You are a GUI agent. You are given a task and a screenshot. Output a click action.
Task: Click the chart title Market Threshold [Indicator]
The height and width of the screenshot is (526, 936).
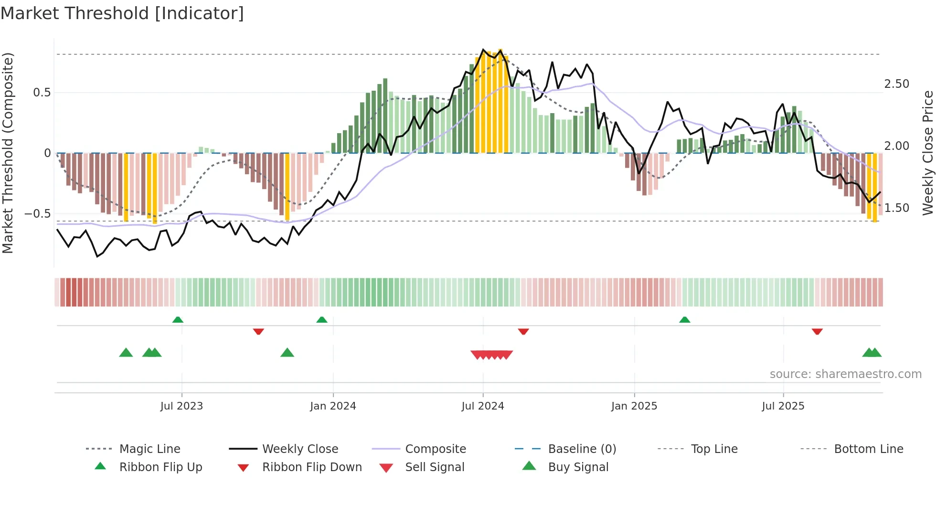pos(122,13)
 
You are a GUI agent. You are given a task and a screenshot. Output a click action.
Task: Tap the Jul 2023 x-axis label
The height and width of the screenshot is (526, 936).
pos(181,406)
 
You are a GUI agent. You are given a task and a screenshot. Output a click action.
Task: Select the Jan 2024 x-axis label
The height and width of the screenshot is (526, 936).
pos(333,406)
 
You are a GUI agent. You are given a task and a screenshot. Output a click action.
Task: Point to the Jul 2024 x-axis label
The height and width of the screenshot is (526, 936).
pos(483,406)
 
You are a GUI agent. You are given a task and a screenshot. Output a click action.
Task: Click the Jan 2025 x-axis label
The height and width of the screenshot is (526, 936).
pos(634,406)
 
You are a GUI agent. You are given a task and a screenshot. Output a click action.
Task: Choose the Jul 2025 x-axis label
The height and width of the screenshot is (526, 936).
pos(783,406)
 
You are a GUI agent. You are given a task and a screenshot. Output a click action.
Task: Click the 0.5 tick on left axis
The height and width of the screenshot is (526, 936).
pos(42,92)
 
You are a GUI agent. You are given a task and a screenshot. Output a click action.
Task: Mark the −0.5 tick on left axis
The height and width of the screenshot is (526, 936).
pos(38,213)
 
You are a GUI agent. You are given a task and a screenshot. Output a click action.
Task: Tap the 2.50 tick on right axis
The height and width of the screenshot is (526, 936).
pos(896,84)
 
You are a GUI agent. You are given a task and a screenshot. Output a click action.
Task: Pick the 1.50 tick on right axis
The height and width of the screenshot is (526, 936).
pos(896,208)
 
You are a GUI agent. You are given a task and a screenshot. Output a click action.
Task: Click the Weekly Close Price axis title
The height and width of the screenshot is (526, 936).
pos(927,153)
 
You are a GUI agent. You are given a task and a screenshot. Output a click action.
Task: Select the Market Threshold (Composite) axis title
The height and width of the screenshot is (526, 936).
pos(8,153)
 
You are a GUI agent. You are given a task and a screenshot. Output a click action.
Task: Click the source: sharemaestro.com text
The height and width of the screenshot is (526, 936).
pos(845,374)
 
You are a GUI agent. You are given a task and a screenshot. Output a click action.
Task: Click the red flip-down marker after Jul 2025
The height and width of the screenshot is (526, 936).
pos(817,331)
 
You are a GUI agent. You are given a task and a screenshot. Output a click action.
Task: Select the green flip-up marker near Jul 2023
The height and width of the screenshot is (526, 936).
pos(178,319)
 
